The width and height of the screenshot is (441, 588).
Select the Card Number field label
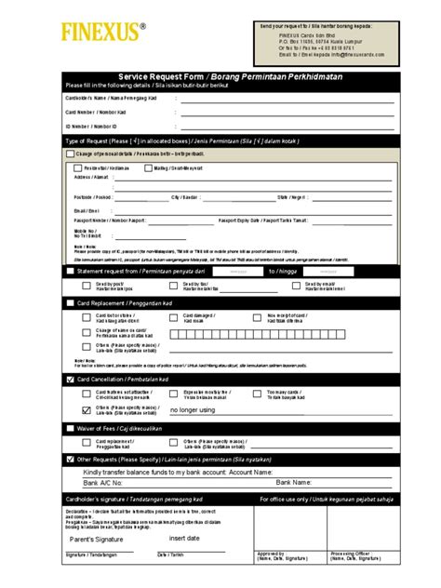[x=96, y=111]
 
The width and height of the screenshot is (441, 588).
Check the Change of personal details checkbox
[x=69, y=154]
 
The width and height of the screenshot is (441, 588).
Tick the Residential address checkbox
[x=76, y=168]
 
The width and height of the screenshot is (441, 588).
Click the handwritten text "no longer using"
[x=193, y=409]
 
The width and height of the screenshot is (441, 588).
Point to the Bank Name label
[x=293, y=483]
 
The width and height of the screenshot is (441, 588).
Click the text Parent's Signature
[x=96, y=539]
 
